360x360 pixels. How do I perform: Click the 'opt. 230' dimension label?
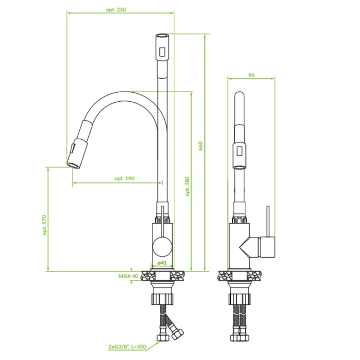pyautogui.click(x=116, y=10)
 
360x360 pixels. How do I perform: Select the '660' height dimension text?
pyautogui.click(x=201, y=146)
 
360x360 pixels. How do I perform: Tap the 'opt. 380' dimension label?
pyautogui.click(x=187, y=186)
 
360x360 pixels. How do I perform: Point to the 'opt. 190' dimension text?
pyautogui.click(x=124, y=179)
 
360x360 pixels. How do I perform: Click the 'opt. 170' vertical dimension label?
pyautogui.click(x=44, y=225)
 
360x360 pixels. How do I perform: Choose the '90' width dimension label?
pyautogui.click(x=252, y=75)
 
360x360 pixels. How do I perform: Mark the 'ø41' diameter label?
pyautogui.click(x=162, y=263)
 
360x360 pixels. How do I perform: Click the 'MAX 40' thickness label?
pyautogui.click(x=128, y=276)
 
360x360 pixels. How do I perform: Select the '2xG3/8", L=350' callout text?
pyautogui.click(x=127, y=347)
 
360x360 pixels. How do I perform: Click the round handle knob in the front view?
pyautogui.click(x=162, y=247)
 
